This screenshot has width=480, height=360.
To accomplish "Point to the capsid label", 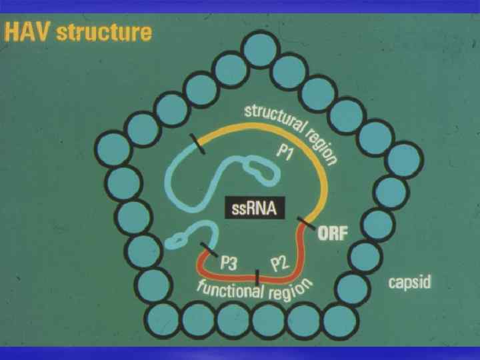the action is click(409, 283).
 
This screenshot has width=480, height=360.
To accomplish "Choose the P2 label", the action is click(279, 265).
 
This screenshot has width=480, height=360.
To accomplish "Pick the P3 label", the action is click(229, 262).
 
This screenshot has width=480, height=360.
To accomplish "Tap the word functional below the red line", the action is click(229, 288).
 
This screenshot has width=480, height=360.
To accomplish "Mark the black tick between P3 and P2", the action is click(257, 276).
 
